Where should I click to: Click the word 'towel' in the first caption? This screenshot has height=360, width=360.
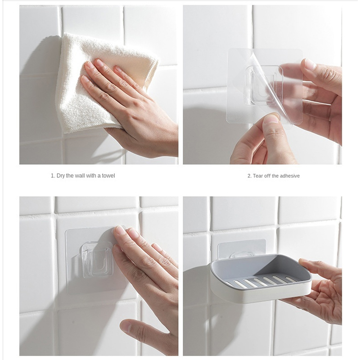[108, 175]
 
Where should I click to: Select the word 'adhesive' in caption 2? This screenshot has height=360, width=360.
[288, 176]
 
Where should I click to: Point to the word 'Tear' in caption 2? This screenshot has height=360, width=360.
[258, 176]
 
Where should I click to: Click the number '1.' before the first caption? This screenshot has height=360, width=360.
[53, 176]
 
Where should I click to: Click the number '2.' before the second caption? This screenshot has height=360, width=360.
[250, 176]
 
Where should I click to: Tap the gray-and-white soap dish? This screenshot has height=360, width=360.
[261, 279]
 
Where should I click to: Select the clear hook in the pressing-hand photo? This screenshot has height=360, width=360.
[96, 260]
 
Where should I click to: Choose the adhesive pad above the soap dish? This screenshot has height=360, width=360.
[242, 248]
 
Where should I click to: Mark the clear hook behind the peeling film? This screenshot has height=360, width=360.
[264, 85]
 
